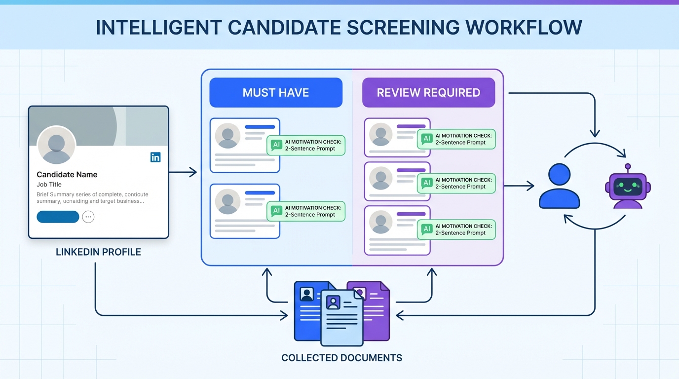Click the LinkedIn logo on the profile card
(x=155, y=157)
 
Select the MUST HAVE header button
(x=276, y=92)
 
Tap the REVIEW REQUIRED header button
(x=428, y=92)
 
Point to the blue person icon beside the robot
(x=559, y=187)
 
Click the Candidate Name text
(x=67, y=174)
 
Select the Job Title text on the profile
(x=49, y=185)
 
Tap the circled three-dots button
(x=88, y=217)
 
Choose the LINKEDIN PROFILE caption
(x=98, y=252)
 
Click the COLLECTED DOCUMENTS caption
(x=341, y=358)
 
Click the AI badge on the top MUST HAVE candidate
(x=277, y=145)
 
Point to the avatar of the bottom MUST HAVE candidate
(x=227, y=202)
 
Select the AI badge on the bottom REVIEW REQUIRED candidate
(x=427, y=229)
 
